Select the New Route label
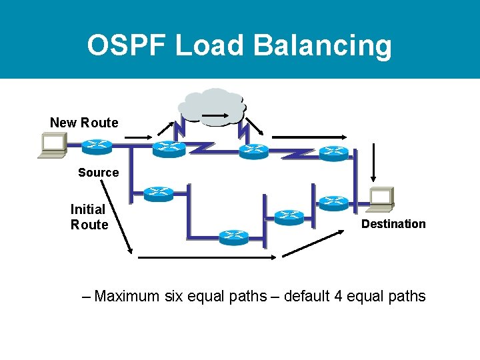click(x=84, y=123)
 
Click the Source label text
click(x=98, y=173)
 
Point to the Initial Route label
click(x=89, y=217)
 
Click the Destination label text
click(x=393, y=224)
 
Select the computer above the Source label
click(x=52, y=145)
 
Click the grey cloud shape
click(x=212, y=106)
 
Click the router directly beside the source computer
click(x=97, y=145)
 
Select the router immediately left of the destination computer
click(x=333, y=201)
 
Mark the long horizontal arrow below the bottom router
click(x=200, y=257)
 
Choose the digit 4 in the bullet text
click(x=339, y=296)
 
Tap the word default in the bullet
click(x=307, y=296)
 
